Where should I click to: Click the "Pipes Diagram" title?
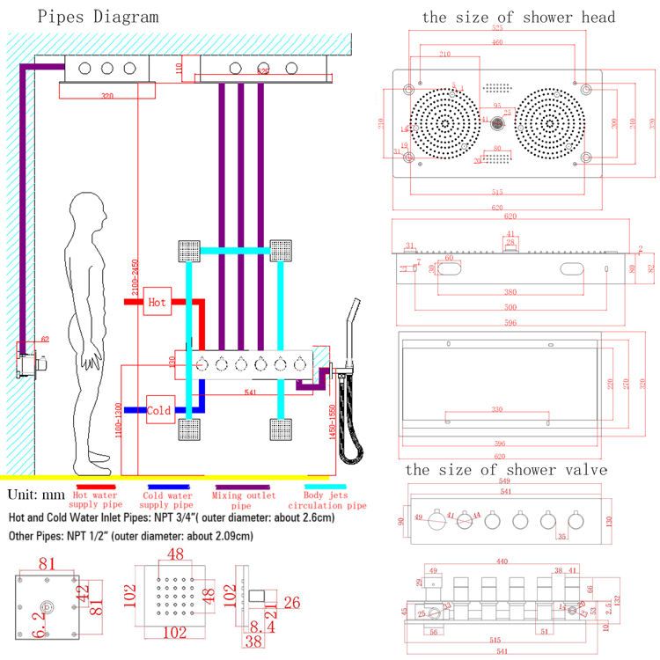(86, 17)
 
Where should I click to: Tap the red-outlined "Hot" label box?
(157, 302)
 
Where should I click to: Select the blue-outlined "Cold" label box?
(159, 410)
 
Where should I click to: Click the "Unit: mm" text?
(33, 494)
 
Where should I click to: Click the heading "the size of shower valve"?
(506, 470)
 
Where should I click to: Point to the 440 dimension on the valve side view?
(502, 561)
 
